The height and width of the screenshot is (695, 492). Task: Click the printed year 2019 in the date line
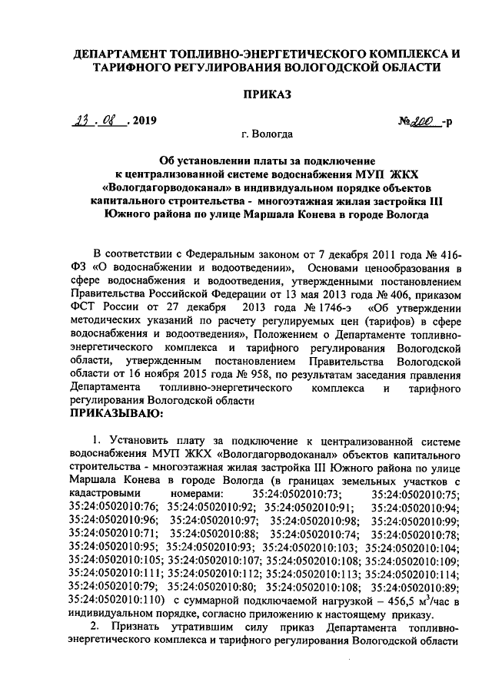tap(144, 121)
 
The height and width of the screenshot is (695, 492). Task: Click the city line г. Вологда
tap(265, 135)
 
